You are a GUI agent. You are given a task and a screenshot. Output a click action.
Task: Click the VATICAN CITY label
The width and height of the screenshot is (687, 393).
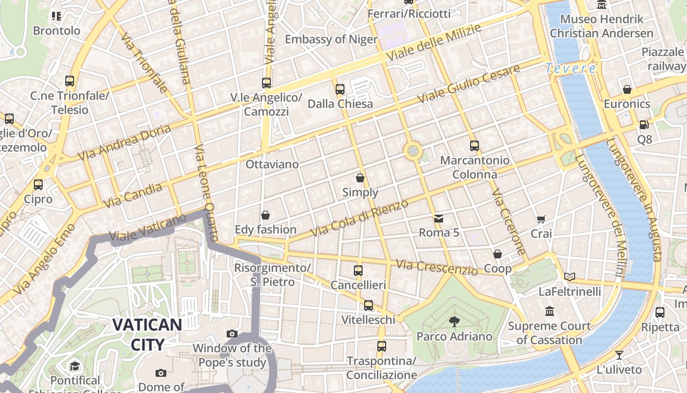pyautogui.click(x=147, y=334)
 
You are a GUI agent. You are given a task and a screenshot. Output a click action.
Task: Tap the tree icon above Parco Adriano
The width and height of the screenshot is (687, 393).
pyautogui.click(x=454, y=322)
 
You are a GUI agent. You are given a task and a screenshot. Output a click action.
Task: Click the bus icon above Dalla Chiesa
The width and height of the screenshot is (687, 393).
pyautogui.click(x=340, y=89)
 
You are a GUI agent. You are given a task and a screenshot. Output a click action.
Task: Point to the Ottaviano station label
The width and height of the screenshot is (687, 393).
pyautogui.click(x=272, y=164)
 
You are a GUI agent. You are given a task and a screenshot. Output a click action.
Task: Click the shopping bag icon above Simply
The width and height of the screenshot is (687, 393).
pyautogui.click(x=360, y=178)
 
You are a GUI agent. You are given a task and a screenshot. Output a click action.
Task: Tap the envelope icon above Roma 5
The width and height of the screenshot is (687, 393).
pyautogui.click(x=439, y=218)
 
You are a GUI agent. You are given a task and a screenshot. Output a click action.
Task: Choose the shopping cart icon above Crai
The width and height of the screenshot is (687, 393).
pyautogui.click(x=541, y=220)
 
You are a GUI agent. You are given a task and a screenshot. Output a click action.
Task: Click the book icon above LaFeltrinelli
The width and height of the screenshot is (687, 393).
pyautogui.click(x=569, y=277)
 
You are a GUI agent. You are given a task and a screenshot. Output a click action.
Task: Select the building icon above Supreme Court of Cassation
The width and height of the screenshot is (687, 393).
pyautogui.click(x=549, y=311)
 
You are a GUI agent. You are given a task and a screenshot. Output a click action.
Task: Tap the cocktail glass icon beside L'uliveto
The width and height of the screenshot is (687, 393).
pyautogui.click(x=619, y=355)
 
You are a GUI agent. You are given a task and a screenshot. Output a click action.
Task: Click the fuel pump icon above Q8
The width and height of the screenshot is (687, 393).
pyautogui.click(x=644, y=125)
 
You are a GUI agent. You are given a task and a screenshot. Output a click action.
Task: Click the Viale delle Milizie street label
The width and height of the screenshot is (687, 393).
pyautogui.click(x=433, y=43)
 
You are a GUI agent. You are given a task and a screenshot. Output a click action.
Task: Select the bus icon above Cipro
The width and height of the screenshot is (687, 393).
pyautogui.click(x=38, y=185)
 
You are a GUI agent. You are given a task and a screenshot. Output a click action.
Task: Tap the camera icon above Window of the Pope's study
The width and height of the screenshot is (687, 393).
pyautogui.click(x=232, y=334)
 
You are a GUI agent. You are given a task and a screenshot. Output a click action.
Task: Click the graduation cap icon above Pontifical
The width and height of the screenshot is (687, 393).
pyautogui.click(x=75, y=366)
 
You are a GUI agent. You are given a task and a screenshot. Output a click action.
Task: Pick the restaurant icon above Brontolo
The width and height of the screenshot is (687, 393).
pyautogui.click(x=56, y=16)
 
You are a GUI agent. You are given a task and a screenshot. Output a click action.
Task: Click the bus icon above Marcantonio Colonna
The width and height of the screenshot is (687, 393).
pyautogui.click(x=474, y=146)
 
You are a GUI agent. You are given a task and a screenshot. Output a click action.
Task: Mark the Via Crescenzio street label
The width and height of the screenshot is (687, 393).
pyautogui.click(x=436, y=267)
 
